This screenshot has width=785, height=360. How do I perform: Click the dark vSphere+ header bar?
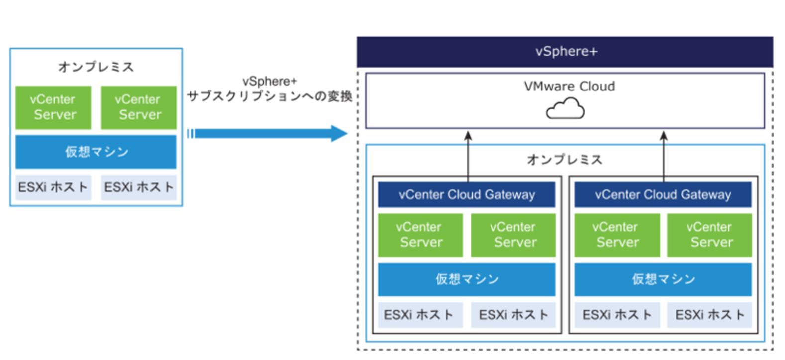pos(565,52)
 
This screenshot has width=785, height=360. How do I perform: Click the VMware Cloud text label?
pos(569,86)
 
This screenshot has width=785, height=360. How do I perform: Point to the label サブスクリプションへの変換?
pos(269,96)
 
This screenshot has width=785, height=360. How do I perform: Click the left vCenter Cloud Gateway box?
pos(466,194)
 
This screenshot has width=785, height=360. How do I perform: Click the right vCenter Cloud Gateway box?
pos(663,194)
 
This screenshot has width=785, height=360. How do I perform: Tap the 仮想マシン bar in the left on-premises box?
pos(96,152)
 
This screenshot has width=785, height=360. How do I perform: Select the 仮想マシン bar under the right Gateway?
pos(663,279)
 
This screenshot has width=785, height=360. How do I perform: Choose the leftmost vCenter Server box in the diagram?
pos(53,107)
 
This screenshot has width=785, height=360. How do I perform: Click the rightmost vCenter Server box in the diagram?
pos(709,235)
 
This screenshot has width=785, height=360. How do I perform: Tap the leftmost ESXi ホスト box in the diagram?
pos(53,187)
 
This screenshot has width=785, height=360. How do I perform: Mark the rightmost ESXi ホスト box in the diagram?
pos(709,315)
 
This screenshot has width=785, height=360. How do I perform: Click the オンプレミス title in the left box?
pos(96,67)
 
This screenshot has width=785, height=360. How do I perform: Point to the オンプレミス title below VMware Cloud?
pos(565,160)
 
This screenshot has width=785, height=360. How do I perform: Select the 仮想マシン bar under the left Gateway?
pos(466,279)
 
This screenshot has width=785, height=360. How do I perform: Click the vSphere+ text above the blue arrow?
pos(269,81)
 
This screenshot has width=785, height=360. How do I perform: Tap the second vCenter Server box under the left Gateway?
pos(513,235)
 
